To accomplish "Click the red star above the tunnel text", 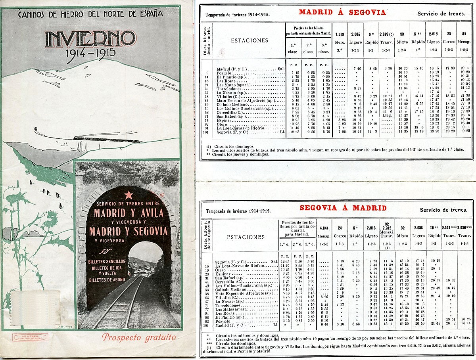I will [x=129, y=195].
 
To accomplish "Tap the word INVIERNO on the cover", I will [x=90, y=39].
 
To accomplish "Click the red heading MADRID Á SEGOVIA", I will [x=342, y=12].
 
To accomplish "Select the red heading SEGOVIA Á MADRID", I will [x=343, y=208].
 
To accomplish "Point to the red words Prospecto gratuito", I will [x=139, y=337].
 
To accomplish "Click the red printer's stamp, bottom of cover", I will [x=30, y=337].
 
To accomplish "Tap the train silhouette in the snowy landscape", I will [x=107, y=139].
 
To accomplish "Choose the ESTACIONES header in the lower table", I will [x=246, y=237].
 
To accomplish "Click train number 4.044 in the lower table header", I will [x=324, y=228].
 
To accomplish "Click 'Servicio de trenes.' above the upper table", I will [x=441, y=14].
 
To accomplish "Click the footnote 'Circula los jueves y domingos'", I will [x=238, y=154].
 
